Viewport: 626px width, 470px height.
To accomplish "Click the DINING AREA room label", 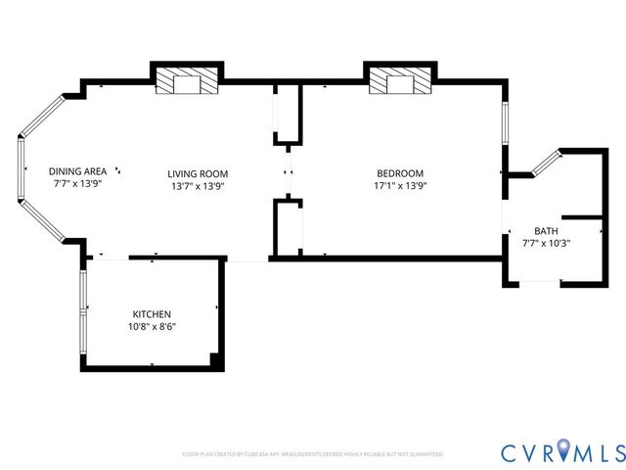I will [77, 171].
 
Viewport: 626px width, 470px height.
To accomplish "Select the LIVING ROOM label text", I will [198, 173].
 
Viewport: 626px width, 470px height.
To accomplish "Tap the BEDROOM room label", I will [399, 173].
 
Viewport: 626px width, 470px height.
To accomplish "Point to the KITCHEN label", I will [153, 314].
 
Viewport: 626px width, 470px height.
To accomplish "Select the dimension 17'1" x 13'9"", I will [399, 185].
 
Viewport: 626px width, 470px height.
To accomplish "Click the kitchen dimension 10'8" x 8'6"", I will [153, 326].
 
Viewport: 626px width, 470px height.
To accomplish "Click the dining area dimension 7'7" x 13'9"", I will [77, 183].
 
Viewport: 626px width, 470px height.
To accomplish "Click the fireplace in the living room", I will [185, 83].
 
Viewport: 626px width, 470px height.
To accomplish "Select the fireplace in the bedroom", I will [398, 83].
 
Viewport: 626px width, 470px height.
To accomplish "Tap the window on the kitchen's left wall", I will [83, 311].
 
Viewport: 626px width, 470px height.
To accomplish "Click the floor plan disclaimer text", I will [313, 454].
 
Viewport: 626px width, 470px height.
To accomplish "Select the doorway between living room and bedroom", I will [288, 173].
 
